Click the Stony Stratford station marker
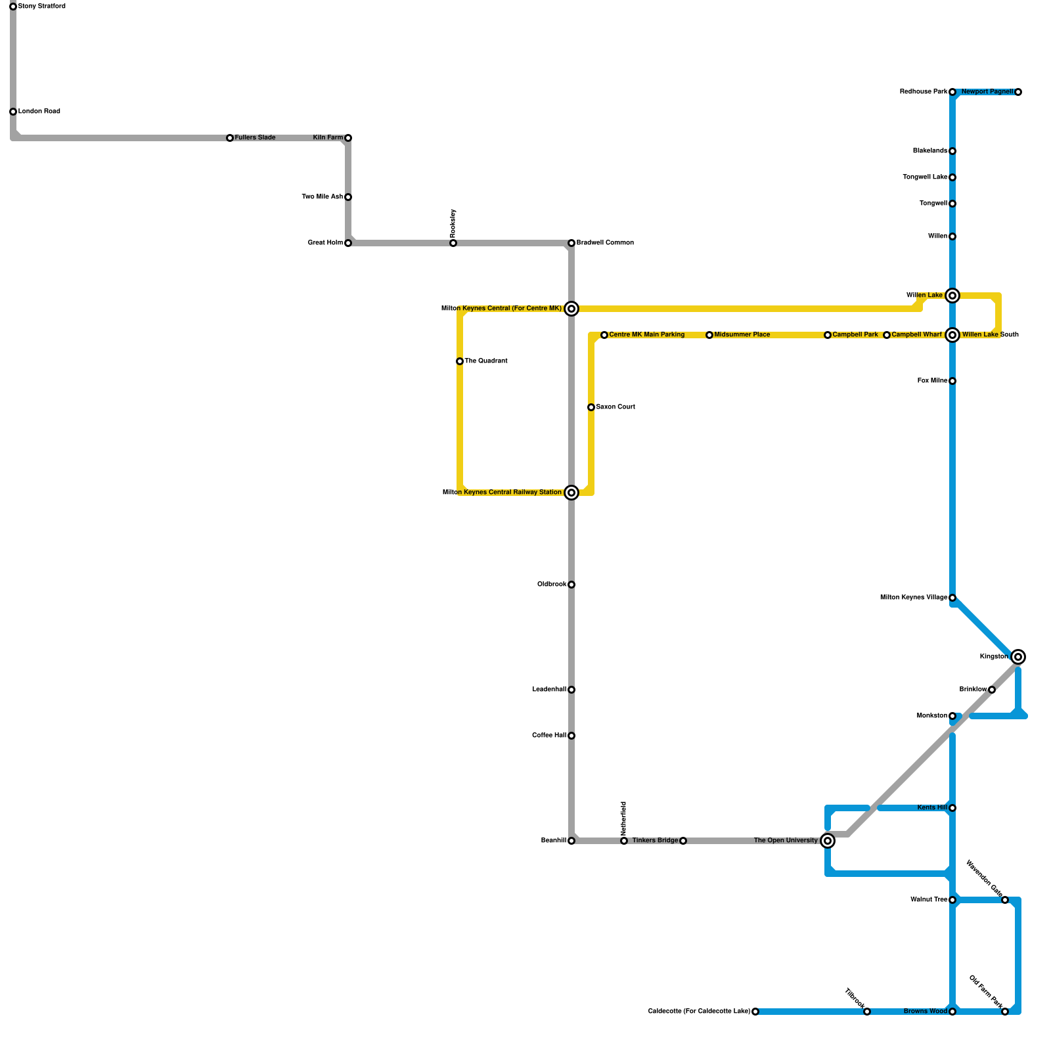pyautogui.click(x=13, y=7)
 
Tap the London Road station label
pyautogui.click(x=39, y=112)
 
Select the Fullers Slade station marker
pyautogui.click(x=230, y=138)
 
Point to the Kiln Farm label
pyautogui.click(x=328, y=138)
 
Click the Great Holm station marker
pyautogui.click(x=348, y=243)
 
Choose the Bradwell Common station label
pyautogui.click(x=605, y=243)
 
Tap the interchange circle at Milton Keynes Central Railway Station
pyautogui.click(x=571, y=493)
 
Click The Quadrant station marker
pyautogui.click(x=460, y=361)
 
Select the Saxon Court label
pyautogui.click(x=615, y=407)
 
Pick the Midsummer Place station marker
pyautogui.click(x=709, y=335)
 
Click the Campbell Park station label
pyautogui.click(x=855, y=335)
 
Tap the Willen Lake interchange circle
pyautogui.click(x=952, y=296)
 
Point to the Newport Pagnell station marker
pyautogui.click(x=1018, y=92)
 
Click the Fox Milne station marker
pyautogui.click(x=952, y=381)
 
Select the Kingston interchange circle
pyautogui.click(x=1018, y=657)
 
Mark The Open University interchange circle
pyautogui.click(x=828, y=841)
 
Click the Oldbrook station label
pyautogui.click(x=552, y=585)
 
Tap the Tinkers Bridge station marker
pyautogui.click(x=683, y=841)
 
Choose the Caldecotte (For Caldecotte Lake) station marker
pyautogui.click(x=755, y=1012)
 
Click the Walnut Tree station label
pyautogui.click(x=929, y=900)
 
